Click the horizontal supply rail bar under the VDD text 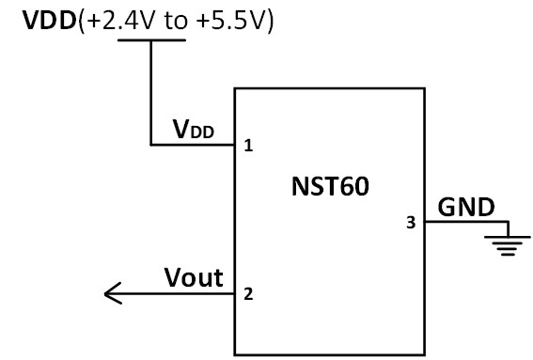coord(150,41)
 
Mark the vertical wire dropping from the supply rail coord(150,94)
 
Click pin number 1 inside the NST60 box coord(248,146)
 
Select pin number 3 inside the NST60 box coord(409,223)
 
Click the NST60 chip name coord(330,185)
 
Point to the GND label coord(464,205)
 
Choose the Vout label coord(194,277)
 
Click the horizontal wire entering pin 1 coord(193,145)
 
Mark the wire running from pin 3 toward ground coord(465,223)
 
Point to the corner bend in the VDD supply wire coord(150,145)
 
